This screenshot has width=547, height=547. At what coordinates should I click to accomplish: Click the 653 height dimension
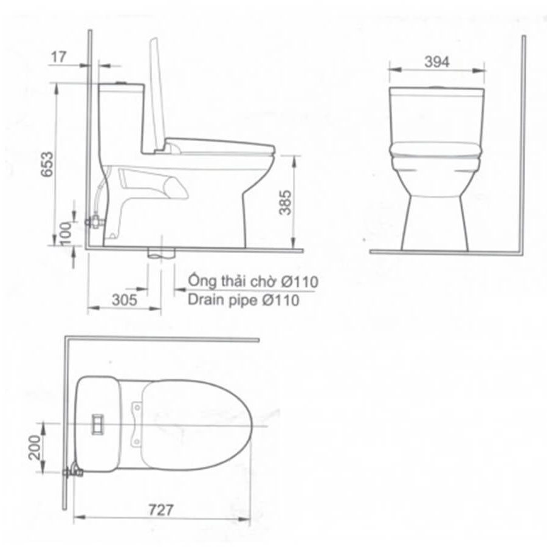[x=47, y=164]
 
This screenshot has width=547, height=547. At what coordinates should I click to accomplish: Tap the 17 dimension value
[x=58, y=57]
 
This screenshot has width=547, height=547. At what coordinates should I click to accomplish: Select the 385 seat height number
[x=285, y=202]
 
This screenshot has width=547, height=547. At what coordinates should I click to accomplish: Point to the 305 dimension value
[x=124, y=300]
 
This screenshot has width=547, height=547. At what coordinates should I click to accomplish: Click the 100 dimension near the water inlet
[x=66, y=233]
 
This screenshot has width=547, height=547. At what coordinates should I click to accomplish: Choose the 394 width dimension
[x=437, y=62]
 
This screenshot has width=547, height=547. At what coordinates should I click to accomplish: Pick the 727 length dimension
[x=161, y=510]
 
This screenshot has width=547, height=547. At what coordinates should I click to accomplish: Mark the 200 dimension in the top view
[x=35, y=447]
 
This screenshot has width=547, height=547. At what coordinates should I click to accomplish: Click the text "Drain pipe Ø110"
[x=243, y=300]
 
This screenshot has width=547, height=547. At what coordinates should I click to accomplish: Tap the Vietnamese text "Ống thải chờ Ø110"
[x=253, y=281]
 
